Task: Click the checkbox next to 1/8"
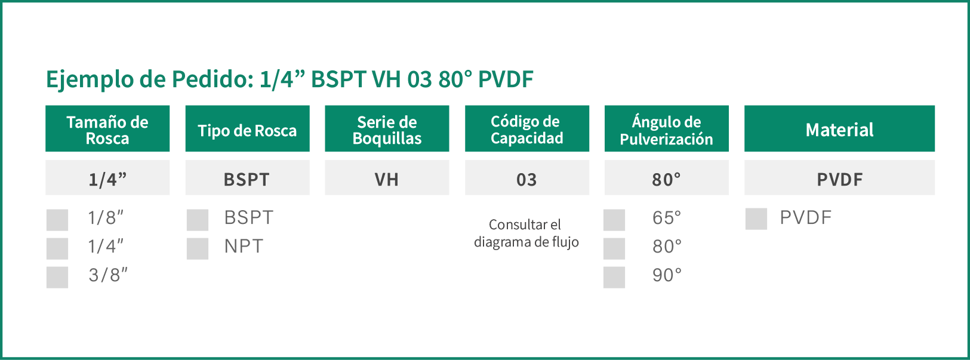tap(57, 220)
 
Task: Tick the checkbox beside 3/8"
tap(57, 277)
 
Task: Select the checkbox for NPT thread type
tap(198, 249)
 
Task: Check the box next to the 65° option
tap(614, 220)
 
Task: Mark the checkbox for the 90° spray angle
tap(614, 277)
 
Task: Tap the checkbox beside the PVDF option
tap(756, 219)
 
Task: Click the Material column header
tap(839, 129)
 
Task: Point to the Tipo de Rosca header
tap(247, 129)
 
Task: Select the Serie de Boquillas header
tap(387, 129)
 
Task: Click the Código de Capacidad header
tap(527, 129)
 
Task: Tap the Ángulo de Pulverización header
tap(666, 129)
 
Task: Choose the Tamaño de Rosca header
tap(107, 129)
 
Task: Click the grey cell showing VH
tap(387, 178)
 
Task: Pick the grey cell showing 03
tap(527, 178)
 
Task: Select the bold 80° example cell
tap(666, 178)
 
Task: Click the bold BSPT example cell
tap(247, 178)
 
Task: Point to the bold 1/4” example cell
tap(107, 178)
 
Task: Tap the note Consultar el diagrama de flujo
tap(526, 233)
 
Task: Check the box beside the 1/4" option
tap(57, 249)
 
